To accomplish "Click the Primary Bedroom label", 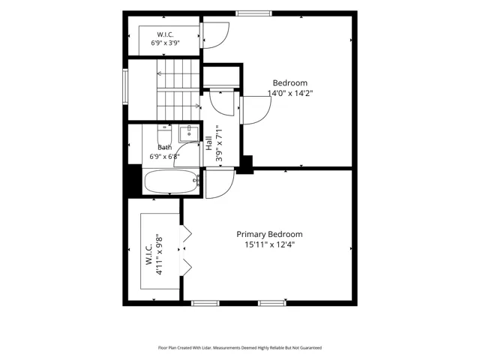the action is click(269, 235).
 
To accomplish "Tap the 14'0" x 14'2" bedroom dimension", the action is click(290, 93).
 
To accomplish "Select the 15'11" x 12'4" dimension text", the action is click(269, 244).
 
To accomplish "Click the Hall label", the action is click(209, 143).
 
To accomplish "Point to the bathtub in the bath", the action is click(171, 181).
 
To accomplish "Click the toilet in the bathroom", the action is click(165, 135).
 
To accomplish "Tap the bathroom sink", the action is click(189, 133).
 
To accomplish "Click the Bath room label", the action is click(165, 148).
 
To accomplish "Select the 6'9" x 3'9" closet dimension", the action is click(165, 43).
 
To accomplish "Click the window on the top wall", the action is click(253, 13).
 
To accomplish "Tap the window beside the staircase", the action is click(125, 87).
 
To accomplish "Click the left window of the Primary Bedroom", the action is click(205, 303).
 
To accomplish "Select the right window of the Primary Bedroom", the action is click(272, 303).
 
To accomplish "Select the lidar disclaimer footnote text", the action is click(240, 348).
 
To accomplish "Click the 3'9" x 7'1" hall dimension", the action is click(220, 143).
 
